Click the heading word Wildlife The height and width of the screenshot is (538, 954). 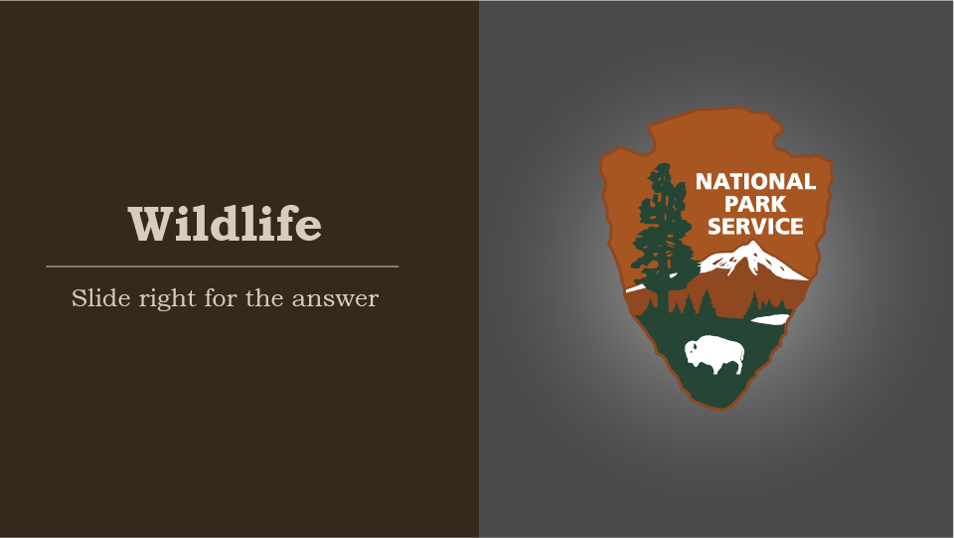pos(225,224)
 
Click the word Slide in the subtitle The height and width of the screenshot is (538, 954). pos(94,297)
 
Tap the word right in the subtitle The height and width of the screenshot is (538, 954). pos(164,299)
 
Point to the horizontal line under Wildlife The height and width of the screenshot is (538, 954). pos(222,267)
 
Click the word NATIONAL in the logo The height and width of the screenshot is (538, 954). pos(755,182)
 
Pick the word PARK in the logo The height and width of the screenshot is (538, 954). pos(755,204)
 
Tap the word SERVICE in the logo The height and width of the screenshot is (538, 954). pos(755,226)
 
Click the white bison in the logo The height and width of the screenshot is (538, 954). pos(715,353)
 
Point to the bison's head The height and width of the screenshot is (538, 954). pos(693,351)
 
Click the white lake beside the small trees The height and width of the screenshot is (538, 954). pos(769,318)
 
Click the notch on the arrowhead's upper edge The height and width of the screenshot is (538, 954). pos(655,150)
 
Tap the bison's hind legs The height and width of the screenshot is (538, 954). pos(736,366)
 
